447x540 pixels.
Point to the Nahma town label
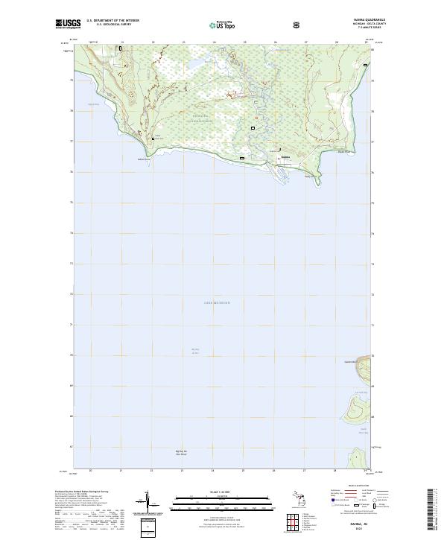[285, 157]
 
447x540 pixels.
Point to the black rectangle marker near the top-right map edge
[365, 66]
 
